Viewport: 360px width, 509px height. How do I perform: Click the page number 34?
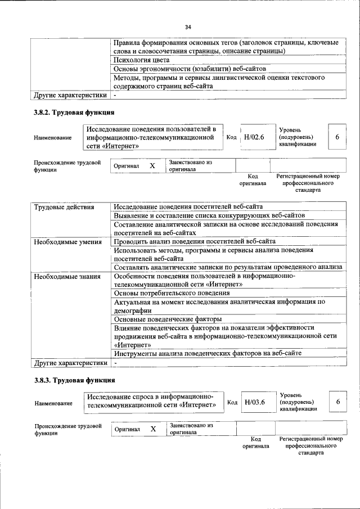click(x=188, y=26)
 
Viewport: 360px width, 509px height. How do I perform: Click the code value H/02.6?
click(x=254, y=137)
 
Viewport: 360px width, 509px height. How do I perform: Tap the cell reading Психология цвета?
click(x=141, y=59)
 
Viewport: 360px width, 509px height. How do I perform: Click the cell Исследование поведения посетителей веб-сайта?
click(x=188, y=207)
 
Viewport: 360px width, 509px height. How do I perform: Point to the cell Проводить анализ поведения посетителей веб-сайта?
click(x=195, y=242)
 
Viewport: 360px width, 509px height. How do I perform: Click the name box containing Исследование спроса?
click(x=152, y=400)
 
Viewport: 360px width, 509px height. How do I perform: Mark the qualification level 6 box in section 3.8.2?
click(x=337, y=137)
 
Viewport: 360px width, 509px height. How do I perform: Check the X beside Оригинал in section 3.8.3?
click(x=152, y=429)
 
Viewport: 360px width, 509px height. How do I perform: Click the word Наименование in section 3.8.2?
click(x=53, y=138)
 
